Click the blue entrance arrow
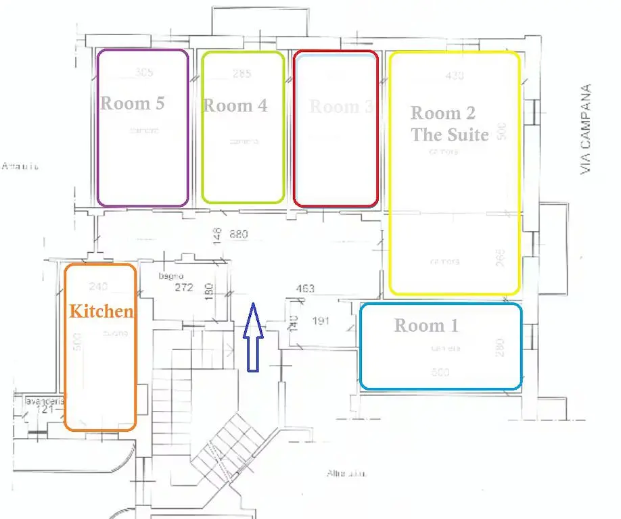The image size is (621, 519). point(252,338)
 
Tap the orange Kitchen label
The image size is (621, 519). point(101,312)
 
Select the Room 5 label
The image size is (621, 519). point(133,103)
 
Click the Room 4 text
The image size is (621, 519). point(235,105)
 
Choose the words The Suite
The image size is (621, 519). point(450,135)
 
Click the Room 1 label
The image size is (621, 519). point(426,326)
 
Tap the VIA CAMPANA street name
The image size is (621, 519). point(586,129)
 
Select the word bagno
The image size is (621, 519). point(167,276)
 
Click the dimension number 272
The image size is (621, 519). point(184,287)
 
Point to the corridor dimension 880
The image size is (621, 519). point(239,235)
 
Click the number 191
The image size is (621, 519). point(320,320)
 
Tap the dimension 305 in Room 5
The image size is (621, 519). point(144,72)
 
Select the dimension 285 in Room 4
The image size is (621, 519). point(241,74)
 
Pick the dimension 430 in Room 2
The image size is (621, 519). point(455,76)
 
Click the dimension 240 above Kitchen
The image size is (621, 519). point(99,286)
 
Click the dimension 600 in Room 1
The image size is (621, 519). point(440,372)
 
